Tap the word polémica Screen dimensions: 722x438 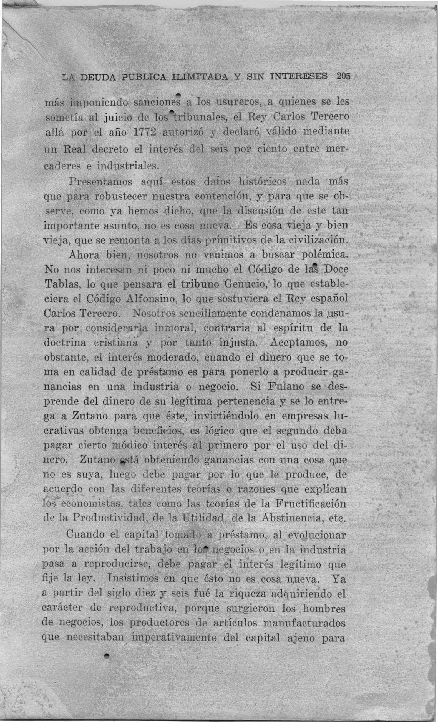325,255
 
